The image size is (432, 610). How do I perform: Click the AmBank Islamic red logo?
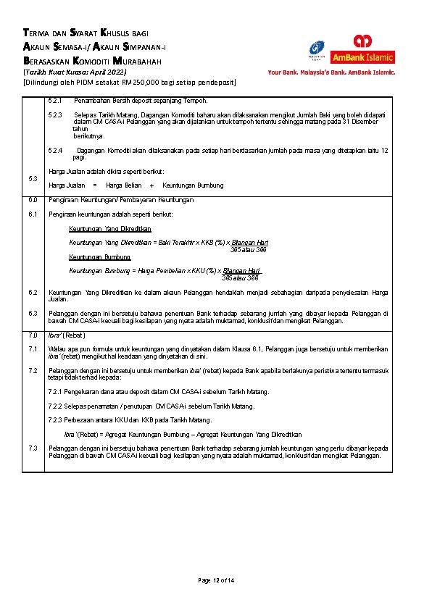click(x=363, y=49)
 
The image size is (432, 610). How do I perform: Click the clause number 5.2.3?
click(x=55, y=115)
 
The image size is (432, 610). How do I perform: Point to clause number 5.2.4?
click(x=55, y=150)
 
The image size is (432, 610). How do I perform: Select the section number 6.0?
click(x=32, y=199)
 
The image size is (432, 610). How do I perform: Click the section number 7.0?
click(x=32, y=335)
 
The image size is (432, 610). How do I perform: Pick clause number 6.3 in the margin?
click(x=32, y=313)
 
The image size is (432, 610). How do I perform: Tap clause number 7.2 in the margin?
click(x=32, y=370)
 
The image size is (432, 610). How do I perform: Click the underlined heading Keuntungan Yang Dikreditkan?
click(x=104, y=228)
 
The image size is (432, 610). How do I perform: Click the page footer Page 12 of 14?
click(x=216, y=581)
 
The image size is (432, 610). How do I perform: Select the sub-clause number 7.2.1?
click(x=56, y=392)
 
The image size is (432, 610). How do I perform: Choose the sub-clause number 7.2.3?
click(x=56, y=420)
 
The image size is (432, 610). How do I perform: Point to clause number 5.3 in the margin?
click(x=32, y=178)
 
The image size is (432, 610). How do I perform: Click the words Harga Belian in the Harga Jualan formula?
click(x=124, y=185)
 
